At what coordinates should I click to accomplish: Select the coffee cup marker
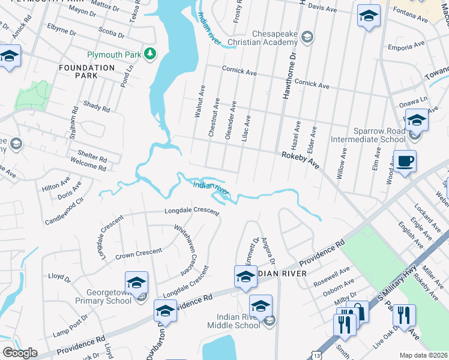pos(405,161)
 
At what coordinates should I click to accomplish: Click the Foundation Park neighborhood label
pos(86,71)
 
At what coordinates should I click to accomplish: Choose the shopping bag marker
pos(358,313)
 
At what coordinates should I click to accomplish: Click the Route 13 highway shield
pos(317,355)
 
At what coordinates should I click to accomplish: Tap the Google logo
pos(20,353)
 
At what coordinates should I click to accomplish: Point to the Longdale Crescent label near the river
pos(192,211)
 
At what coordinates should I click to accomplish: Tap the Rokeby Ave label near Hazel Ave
pos(301,160)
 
